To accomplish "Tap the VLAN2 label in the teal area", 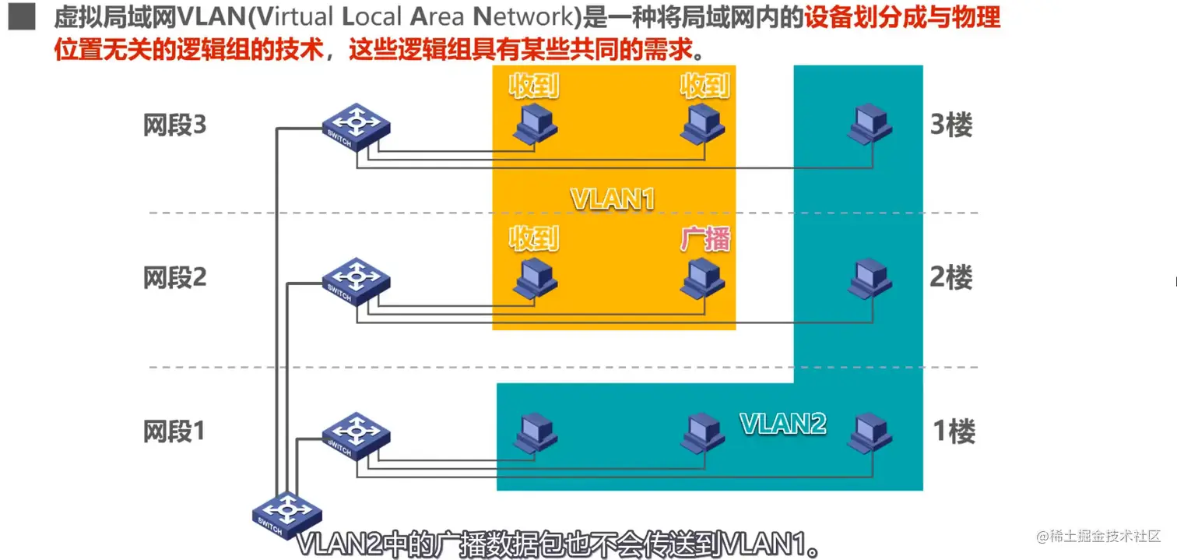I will coord(782,424).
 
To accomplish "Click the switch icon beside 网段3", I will coord(356,127).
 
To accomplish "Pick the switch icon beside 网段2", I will coord(356,280).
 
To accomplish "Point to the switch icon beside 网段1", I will coord(356,435).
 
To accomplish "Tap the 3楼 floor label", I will coord(951,125).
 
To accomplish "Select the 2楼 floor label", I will coord(951,277).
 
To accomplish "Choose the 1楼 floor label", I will coord(954,431).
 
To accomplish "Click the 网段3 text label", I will coord(175,125).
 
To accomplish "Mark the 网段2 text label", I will coord(175,277).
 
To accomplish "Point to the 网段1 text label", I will coord(174,431).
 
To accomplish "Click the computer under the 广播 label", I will coord(702,277).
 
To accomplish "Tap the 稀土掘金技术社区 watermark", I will coord(1098,537).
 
